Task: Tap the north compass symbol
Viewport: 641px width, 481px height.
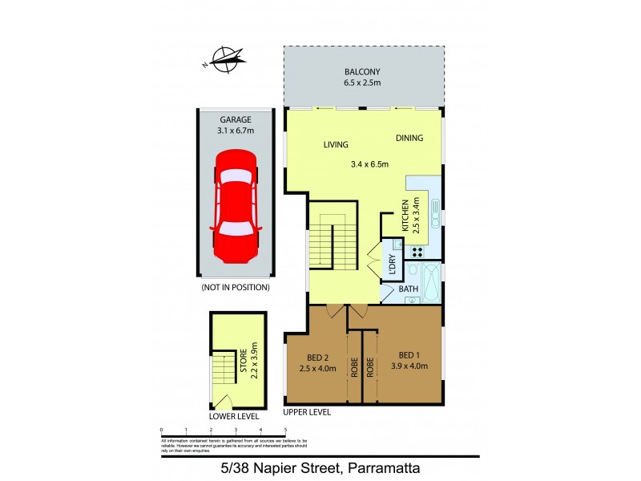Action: click(228, 59)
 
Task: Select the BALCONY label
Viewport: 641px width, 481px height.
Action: click(363, 71)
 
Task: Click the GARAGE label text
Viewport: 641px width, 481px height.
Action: click(235, 119)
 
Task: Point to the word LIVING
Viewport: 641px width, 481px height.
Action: click(336, 145)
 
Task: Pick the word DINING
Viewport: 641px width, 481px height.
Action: click(409, 138)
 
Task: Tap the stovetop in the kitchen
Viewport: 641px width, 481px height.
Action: click(417, 252)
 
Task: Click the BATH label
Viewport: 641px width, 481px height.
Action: click(409, 289)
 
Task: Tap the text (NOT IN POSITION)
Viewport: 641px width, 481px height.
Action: click(235, 287)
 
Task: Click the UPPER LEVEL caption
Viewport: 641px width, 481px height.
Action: click(307, 412)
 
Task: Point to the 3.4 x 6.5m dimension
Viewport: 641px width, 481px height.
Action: click(369, 164)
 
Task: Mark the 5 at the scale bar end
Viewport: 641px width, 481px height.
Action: click(285, 430)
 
